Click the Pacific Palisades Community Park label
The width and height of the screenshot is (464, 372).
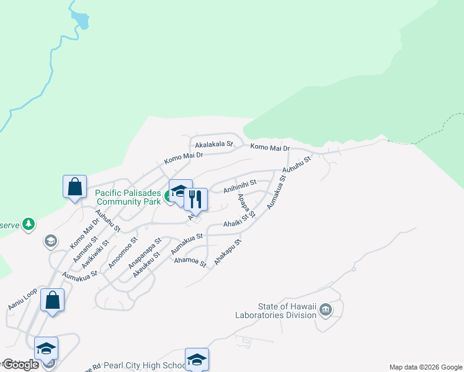pyautogui.click(x=127, y=197)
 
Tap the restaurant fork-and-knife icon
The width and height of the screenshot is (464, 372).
pyautogui.click(x=195, y=200)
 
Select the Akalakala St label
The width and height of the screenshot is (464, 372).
pyautogui.click(x=213, y=144)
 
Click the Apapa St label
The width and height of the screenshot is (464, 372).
pyautogui.click(x=247, y=206)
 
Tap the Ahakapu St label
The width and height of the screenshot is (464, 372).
pyautogui.click(x=227, y=252)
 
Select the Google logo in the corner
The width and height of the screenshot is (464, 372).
pyautogui.click(x=20, y=365)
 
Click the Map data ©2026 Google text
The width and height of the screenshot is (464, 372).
pyautogui.click(x=426, y=367)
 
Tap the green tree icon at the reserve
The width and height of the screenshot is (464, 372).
pyautogui.click(x=28, y=224)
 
